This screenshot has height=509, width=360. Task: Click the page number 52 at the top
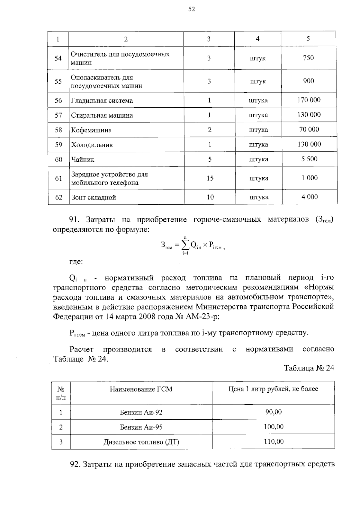tap(192, 9)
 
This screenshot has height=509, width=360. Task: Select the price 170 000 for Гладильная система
tap(309, 100)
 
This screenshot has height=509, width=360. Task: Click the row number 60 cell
tap(58, 160)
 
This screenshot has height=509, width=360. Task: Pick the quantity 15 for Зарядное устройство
tap(210, 178)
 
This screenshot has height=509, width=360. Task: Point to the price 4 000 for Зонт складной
tap(310, 197)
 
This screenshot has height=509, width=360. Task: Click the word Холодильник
tap(92, 145)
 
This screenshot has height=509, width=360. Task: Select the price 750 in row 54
tap(308, 58)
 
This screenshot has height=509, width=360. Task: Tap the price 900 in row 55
tap(308, 81)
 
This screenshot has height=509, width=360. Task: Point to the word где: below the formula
tap(76, 262)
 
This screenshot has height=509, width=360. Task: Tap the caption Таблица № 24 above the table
tap(309, 368)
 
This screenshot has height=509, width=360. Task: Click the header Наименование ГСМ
tap(141, 389)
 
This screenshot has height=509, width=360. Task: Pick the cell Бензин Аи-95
tap(141, 427)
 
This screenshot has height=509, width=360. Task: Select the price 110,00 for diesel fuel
tap(274, 442)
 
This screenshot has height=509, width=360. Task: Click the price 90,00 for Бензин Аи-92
tap(274, 412)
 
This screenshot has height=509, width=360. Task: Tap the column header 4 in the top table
tap(257, 39)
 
